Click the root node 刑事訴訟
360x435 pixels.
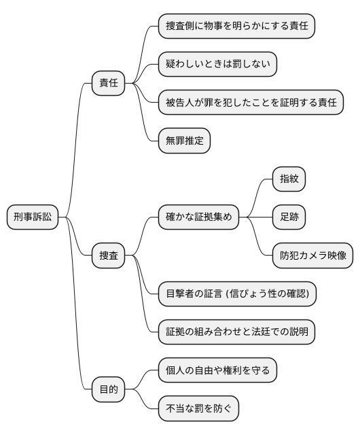coord(33,217)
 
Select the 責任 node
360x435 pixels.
coord(109,83)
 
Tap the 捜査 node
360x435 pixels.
coord(109,256)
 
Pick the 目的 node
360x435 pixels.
coord(109,389)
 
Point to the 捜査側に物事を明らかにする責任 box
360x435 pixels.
coord(236,26)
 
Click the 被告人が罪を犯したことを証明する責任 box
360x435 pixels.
coord(251,103)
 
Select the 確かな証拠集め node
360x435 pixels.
coord(198,217)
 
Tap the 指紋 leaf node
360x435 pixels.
coord(289,179)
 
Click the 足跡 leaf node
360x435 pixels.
coord(289,217)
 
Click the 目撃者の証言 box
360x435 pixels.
coord(236,294)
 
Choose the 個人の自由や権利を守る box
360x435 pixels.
coord(217,370)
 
